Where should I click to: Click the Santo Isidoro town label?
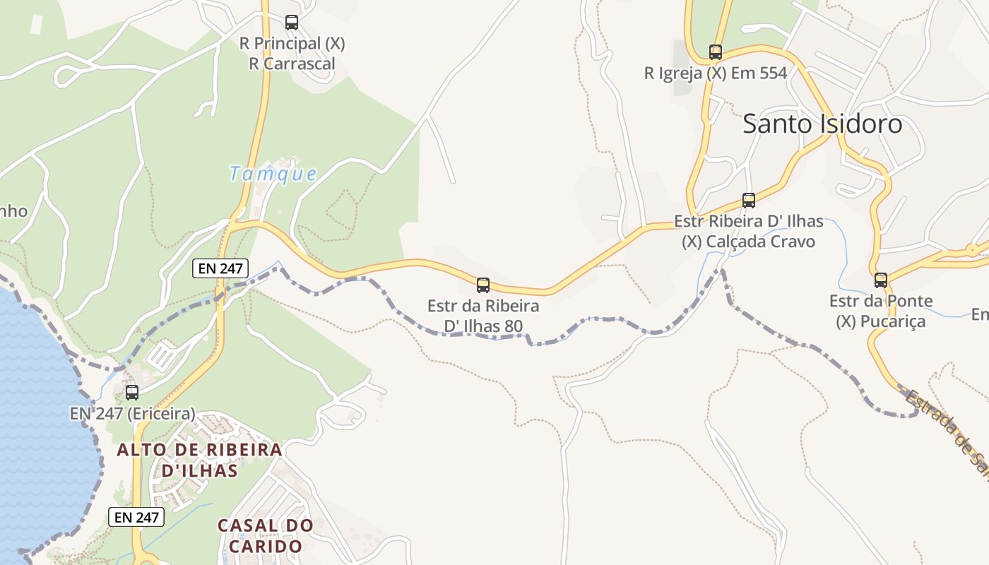click(822, 124)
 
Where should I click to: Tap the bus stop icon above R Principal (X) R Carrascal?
click(292, 23)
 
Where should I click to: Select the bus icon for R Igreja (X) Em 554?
click(716, 52)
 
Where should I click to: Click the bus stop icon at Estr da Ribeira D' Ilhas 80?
click(483, 285)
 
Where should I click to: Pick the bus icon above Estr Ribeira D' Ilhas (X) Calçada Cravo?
click(749, 201)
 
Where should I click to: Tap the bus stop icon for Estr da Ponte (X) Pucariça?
click(880, 280)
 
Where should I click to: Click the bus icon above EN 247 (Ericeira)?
click(132, 393)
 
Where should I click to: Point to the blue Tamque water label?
click(273, 173)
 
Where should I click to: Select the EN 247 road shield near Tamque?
click(220, 268)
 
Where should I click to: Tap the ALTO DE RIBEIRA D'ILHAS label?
click(199, 460)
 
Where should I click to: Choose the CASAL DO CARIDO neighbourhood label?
click(265, 536)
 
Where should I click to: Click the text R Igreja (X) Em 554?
click(716, 73)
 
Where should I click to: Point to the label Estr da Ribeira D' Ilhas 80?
click(483, 316)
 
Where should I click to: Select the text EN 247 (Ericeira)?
click(132, 414)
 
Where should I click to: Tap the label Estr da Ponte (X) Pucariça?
click(880, 311)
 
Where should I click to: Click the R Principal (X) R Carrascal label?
click(292, 54)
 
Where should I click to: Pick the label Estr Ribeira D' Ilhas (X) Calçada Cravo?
click(749, 232)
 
